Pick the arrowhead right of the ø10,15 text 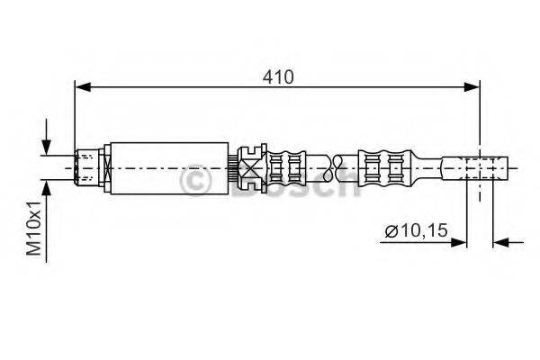(462, 242)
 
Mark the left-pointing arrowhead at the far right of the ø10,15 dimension (502, 242)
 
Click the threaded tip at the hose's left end (85, 167)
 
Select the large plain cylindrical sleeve (168, 167)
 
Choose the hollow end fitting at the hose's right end (481, 167)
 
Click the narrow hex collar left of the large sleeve (107, 167)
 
